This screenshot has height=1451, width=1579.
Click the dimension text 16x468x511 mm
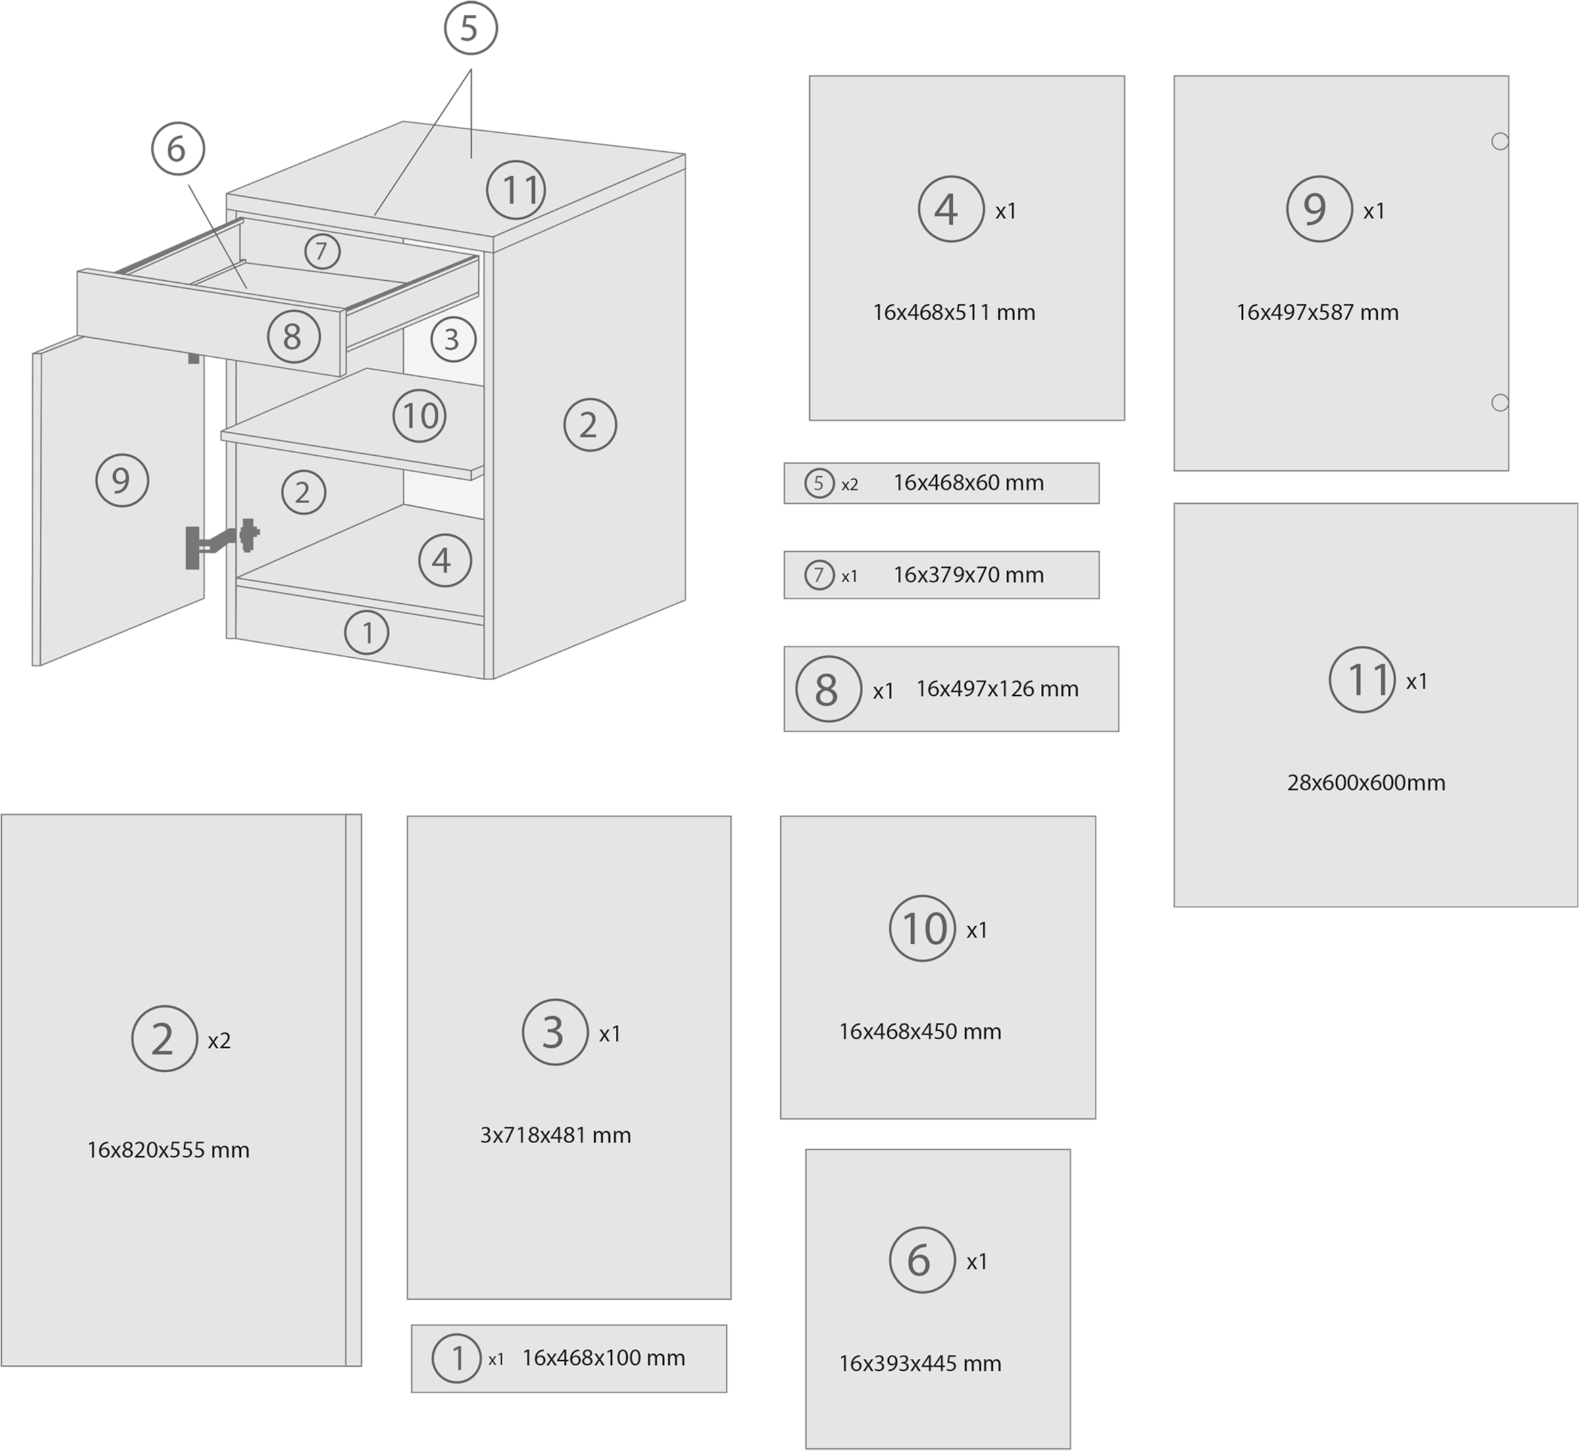954,312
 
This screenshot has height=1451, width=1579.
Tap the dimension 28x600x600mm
1366,782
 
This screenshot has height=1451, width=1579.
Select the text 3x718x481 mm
555,1135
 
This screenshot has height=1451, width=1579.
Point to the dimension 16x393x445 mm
920,1363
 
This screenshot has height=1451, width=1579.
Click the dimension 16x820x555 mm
168,1150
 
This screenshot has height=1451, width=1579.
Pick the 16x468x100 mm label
603,1358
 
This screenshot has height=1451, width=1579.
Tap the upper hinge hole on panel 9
1499,141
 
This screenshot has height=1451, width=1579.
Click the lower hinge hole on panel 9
1499,403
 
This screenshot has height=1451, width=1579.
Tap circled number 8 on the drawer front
292,337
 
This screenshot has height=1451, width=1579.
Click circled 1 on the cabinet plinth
366,632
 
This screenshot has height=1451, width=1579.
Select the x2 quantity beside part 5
849,485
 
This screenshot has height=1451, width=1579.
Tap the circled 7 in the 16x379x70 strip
819,576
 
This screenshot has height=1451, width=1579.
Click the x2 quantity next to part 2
219,1041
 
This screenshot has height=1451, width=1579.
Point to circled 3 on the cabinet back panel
452,339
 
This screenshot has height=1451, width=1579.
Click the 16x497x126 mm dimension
997,689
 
